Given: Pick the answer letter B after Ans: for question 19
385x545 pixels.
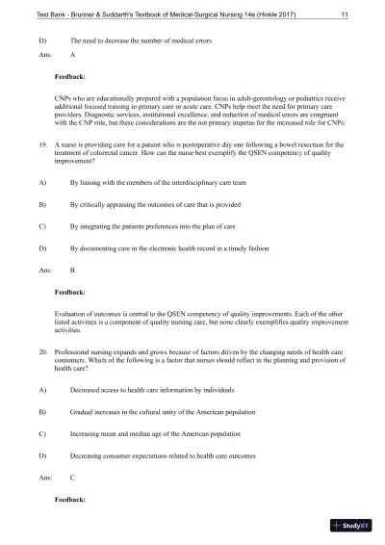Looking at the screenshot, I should coord(73,270).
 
